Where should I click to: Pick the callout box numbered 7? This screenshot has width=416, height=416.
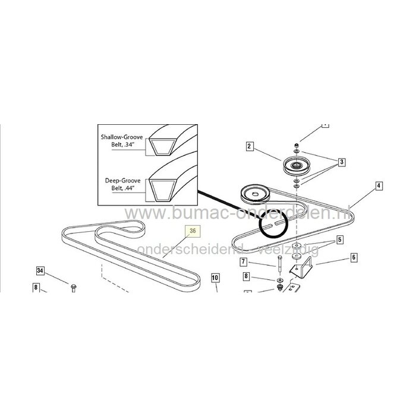click(x=244, y=261)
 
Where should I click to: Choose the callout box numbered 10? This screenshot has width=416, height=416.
click(x=215, y=278)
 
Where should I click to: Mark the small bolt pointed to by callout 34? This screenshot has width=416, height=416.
click(x=73, y=288)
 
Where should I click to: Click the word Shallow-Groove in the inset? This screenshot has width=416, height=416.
click(x=122, y=137)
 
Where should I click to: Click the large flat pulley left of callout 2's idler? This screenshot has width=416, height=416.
click(x=253, y=193)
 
